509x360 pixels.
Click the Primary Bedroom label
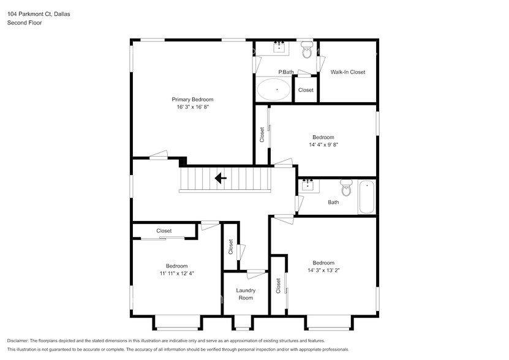192,99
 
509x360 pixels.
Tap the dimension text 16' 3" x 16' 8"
192,107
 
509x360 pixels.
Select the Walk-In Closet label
347,72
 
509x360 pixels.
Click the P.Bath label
286,72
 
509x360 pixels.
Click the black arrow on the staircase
220,179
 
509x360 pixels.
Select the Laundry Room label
246,294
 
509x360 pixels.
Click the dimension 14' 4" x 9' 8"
323,145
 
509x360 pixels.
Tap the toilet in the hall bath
347,189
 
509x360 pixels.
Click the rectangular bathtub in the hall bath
366,197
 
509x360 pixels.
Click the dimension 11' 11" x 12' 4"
176,274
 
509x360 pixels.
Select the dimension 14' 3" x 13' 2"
323,270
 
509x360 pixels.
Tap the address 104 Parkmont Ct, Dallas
38,13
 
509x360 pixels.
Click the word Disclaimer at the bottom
21,340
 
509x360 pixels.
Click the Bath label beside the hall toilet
333,202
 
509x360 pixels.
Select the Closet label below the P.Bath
306,90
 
